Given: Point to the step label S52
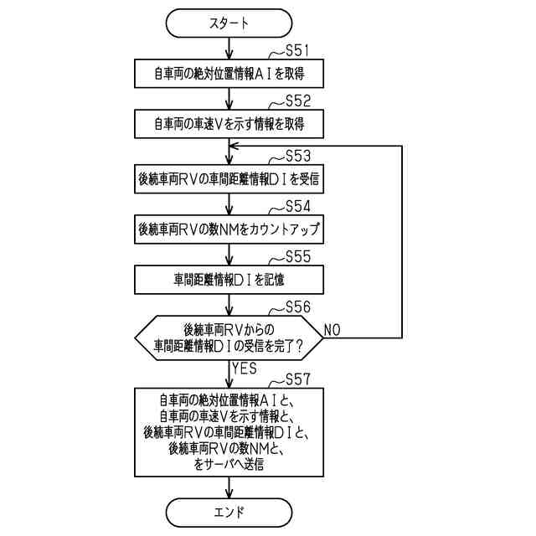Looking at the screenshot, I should point(298,101).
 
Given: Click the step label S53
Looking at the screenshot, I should point(298,156).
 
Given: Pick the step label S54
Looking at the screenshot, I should point(298,205).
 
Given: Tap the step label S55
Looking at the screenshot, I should point(298,255).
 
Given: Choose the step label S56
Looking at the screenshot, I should point(298,307).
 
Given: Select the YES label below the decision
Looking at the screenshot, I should point(243,368).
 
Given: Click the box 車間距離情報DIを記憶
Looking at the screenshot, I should point(229,276).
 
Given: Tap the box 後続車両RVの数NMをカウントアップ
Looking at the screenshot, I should point(229,227).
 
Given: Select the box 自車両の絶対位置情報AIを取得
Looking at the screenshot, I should point(229,74).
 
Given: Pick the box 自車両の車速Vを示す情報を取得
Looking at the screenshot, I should point(229,124).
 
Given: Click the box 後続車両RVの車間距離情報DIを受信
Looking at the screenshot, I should point(229,178).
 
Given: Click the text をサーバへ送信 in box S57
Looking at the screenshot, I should point(228,463).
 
